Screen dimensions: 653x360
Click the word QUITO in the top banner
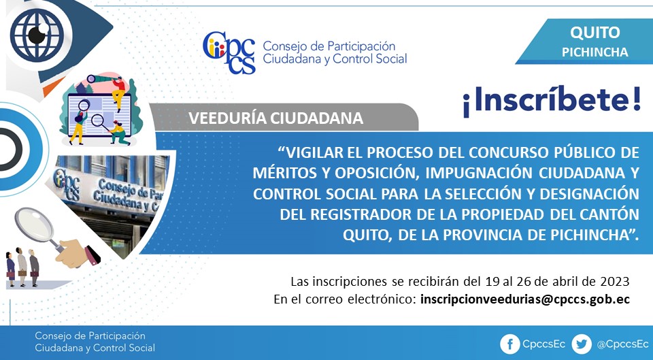point(595,32)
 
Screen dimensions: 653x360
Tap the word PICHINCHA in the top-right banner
point(595,52)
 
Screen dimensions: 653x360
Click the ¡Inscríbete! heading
point(552,100)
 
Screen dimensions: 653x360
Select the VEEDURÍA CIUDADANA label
point(275,118)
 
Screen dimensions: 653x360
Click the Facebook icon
point(509,344)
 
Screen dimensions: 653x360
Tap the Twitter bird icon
point(582,344)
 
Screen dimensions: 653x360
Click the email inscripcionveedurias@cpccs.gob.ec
point(525,299)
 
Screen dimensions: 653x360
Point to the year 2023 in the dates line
point(615,282)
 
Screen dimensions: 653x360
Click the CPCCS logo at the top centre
point(229,52)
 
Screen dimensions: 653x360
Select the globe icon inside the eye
point(37,35)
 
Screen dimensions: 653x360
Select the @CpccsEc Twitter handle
point(622,344)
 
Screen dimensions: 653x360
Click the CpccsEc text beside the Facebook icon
point(544,344)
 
